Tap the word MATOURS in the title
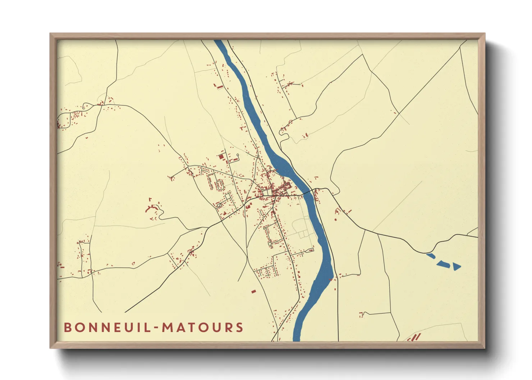point(203,328)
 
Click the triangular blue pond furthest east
point(457,267)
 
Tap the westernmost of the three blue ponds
point(431,256)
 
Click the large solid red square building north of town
point(221,157)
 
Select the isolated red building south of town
point(253,291)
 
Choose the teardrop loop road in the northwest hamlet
point(85,106)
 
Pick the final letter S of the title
point(239,328)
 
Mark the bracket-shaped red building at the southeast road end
point(362,314)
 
